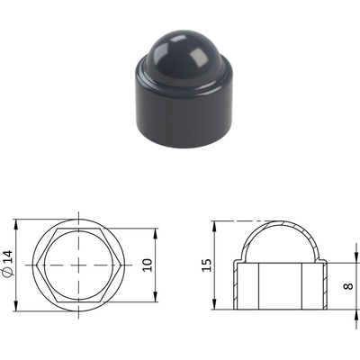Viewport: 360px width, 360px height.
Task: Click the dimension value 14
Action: click(9, 256)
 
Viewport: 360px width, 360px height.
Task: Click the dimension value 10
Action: click(148, 265)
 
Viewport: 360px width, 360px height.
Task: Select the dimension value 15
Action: click(206, 265)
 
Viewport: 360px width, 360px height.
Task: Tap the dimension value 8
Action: click(347, 286)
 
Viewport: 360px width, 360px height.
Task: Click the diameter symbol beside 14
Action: click(8, 272)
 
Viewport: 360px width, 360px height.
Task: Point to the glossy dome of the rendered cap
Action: click(187, 57)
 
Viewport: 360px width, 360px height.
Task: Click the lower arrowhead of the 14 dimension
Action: click(17, 306)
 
